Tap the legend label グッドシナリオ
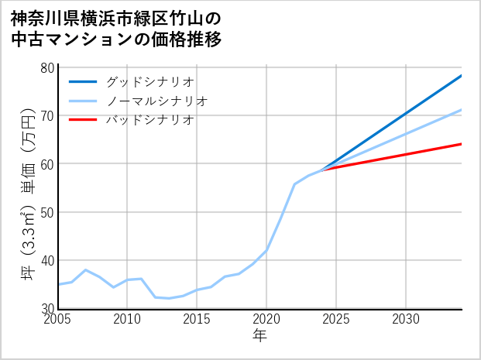pos(149,81)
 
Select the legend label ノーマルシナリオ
pos(156,101)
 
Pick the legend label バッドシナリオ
pos(149,120)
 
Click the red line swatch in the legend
pos(83,120)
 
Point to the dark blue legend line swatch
pos(83,81)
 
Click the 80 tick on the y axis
pos(47,67)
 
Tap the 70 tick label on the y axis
pos(47,115)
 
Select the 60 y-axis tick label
pos(47,163)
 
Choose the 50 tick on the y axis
pos(47,212)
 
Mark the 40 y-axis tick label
pos(47,260)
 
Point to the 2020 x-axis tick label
pos(266,320)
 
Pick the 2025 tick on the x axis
pos(336,320)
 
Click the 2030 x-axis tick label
pos(406,320)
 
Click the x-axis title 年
pos(260,336)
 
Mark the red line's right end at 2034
pos(461,144)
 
